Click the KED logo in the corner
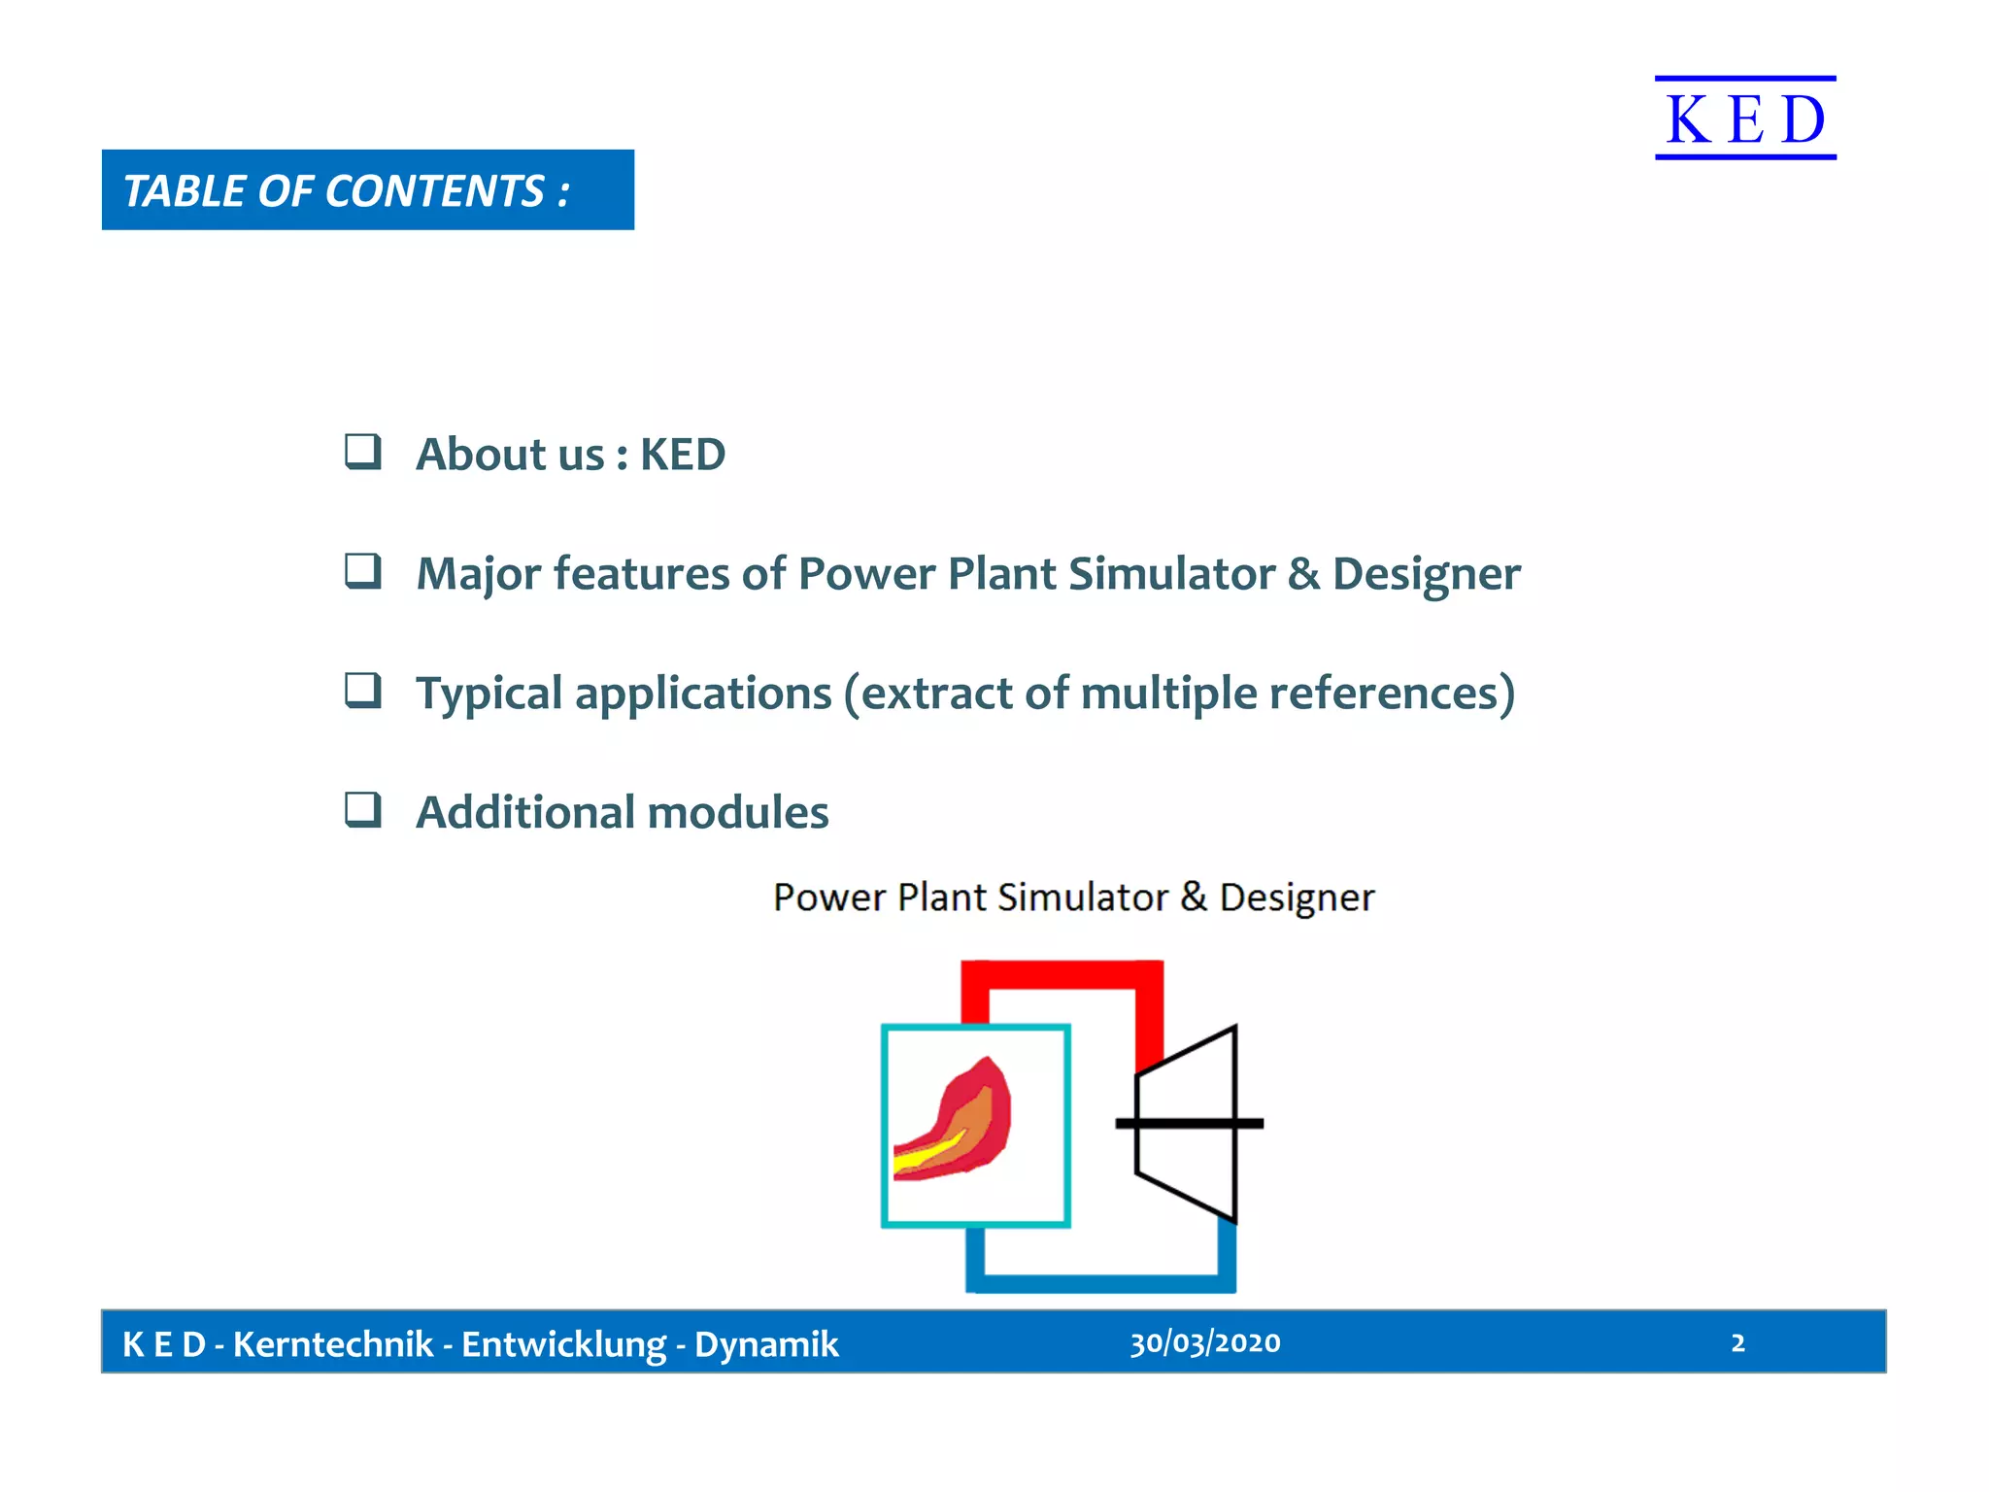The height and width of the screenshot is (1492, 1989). (1745, 119)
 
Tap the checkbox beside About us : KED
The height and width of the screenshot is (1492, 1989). (363, 452)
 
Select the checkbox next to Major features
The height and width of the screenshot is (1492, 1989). (363, 571)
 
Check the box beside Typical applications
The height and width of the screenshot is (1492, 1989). (363, 691)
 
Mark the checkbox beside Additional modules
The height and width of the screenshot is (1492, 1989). (363, 809)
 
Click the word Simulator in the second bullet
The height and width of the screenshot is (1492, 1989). (1171, 573)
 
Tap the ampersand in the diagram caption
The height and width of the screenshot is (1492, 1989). (1194, 896)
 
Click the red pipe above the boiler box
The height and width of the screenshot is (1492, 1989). (1062, 974)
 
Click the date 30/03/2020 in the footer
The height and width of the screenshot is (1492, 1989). (1204, 1342)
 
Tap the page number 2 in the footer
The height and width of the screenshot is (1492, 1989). (1737, 1342)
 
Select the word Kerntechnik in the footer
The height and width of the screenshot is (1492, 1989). (332, 1344)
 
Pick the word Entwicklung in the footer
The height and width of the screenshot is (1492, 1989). (563, 1344)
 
